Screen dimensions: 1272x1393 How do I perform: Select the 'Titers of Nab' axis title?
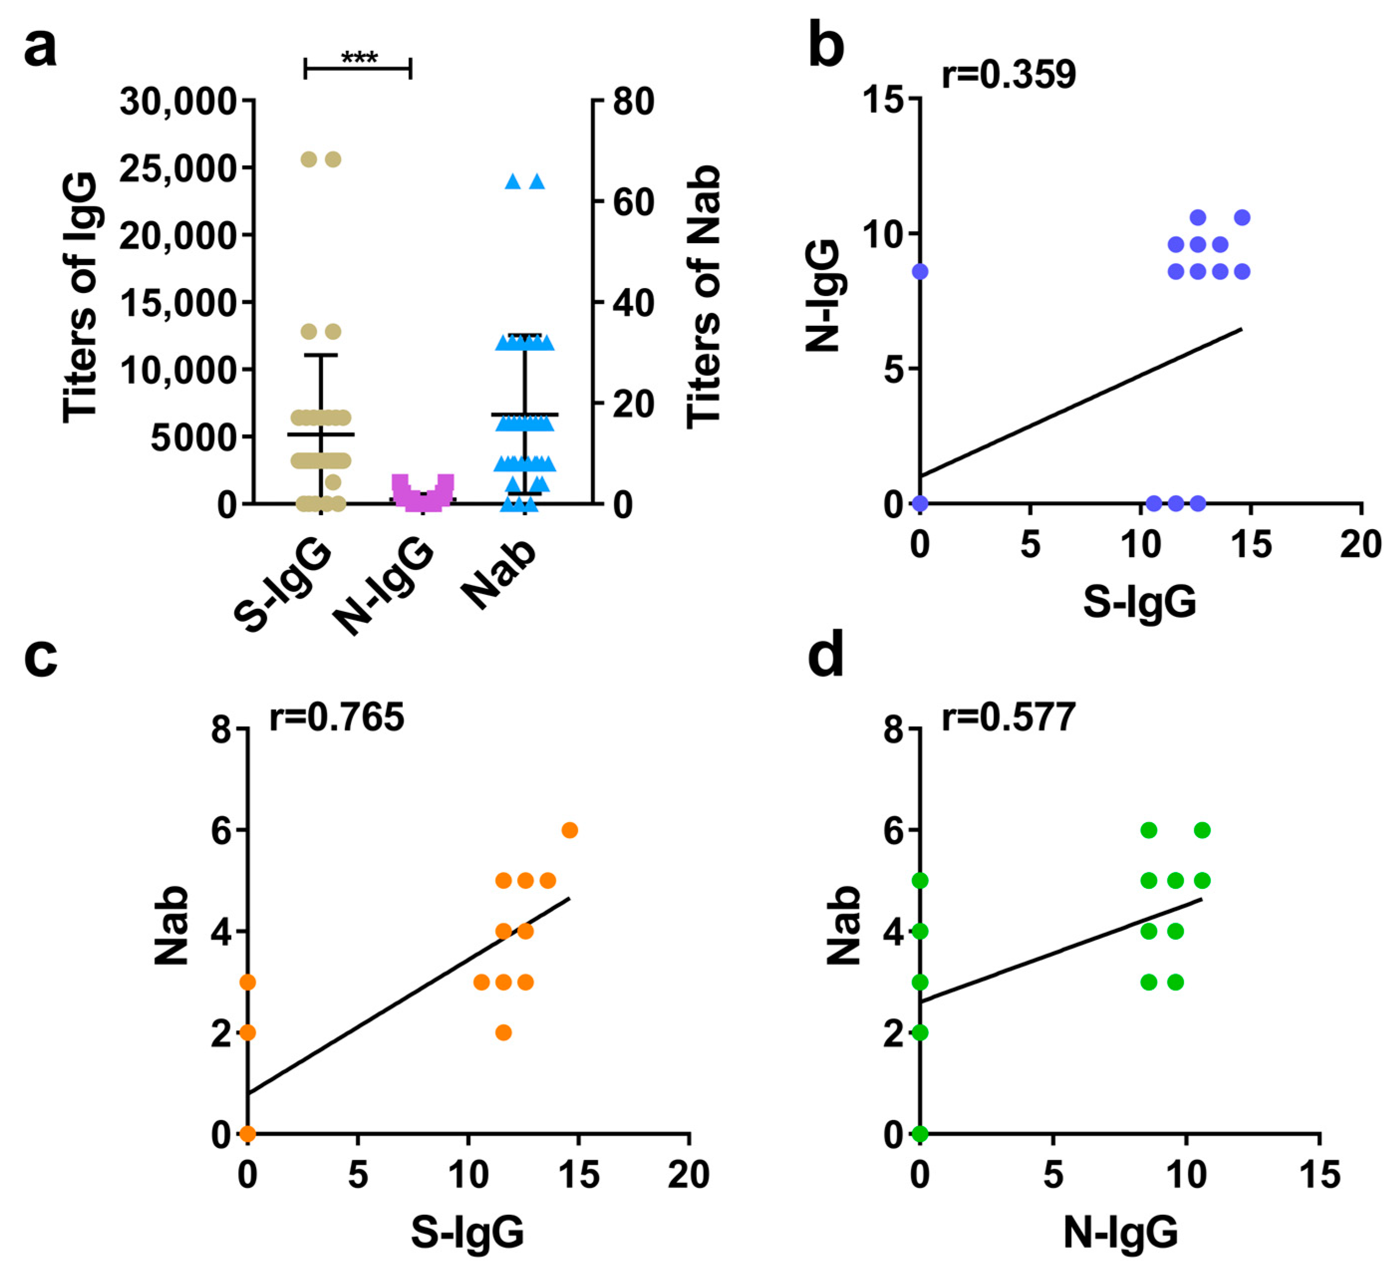pyautogui.click(x=703, y=297)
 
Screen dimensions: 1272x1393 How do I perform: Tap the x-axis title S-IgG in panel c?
pyautogui.click(x=467, y=1232)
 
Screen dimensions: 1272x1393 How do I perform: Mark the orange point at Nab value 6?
pyautogui.click(x=569, y=830)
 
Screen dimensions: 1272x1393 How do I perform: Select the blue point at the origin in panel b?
pyautogui.click(x=920, y=503)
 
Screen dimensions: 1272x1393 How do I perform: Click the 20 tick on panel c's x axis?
pyautogui.click(x=688, y=1174)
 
